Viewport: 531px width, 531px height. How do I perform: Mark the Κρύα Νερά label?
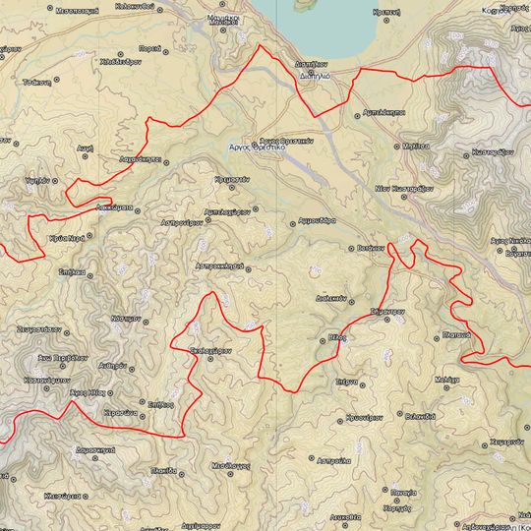pos(62,239)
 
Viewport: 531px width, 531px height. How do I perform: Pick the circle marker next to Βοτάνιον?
pos(352,249)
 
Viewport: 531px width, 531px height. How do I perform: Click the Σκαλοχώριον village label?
pos(209,349)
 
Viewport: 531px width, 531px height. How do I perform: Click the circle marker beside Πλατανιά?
pos(437,337)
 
